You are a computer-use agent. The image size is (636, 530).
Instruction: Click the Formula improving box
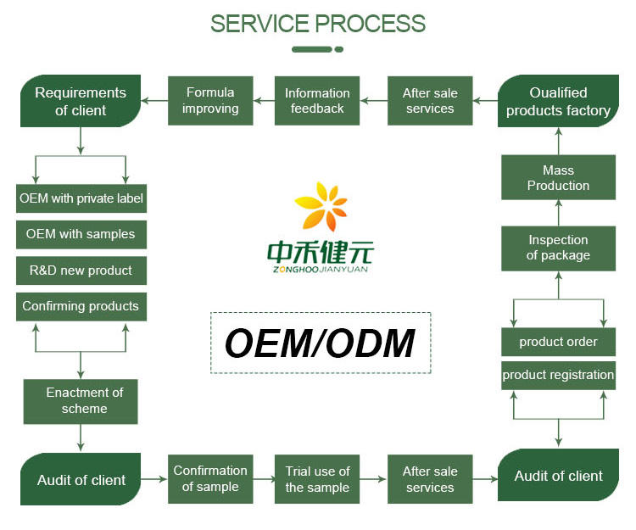click(210, 101)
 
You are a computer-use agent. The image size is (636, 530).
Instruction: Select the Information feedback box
click(317, 101)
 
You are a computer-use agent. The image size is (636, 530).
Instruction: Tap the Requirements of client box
click(81, 101)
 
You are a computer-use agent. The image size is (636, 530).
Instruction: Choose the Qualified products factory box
click(558, 101)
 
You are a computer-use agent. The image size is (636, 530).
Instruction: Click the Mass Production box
click(558, 178)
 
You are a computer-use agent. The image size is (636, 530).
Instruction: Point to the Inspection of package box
click(558, 248)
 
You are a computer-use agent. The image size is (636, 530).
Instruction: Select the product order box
click(558, 342)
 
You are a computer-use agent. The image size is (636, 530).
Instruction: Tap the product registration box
click(558, 375)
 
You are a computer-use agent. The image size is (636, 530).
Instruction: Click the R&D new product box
click(81, 271)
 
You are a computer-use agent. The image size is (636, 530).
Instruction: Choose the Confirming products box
click(81, 306)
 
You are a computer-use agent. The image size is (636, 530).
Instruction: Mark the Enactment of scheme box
click(81, 401)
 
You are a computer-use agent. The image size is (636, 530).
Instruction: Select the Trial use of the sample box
click(317, 479)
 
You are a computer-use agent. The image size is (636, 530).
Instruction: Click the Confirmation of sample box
click(210, 479)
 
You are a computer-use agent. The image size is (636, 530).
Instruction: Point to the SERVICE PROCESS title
click(318, 23)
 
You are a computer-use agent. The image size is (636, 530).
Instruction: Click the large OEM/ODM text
click(321, 343)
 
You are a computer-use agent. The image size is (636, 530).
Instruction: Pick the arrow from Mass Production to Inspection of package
click(558, 213)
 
